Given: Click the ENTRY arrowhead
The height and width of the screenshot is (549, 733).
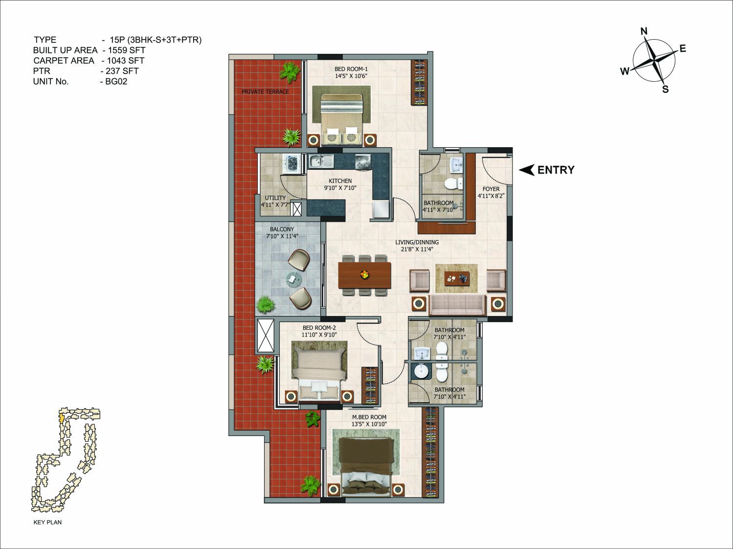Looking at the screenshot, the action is click(x=527, y=170).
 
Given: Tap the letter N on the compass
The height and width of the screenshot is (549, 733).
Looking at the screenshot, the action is click(x=644, y=31).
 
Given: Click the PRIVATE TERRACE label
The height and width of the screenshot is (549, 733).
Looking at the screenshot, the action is click(x=266, y=91).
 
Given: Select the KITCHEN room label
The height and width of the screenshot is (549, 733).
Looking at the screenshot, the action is click(x=340, y=181).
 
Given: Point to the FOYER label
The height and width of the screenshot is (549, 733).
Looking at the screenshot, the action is click(x=491, y=189).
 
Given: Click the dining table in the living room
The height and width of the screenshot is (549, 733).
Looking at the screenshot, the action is click(x=365, y=275).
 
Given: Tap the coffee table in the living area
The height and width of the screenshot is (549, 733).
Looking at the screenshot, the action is click(x=457, y=278).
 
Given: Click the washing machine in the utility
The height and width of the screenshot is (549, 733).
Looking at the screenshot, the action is click(x=293, y=163).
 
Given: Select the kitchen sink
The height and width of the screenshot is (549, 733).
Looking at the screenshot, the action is click(x=321, y=161).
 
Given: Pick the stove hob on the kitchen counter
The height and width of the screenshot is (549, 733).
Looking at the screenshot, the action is click(x=363, y=162).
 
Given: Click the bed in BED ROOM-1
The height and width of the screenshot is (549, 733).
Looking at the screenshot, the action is click(x=342, y=119).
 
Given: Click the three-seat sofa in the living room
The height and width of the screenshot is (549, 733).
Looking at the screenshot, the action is click(x=457, y=305).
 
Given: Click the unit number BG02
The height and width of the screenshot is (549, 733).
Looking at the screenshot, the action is click(x=116, y=82).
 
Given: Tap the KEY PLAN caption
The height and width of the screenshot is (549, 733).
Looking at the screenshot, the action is click(x=48, y=522).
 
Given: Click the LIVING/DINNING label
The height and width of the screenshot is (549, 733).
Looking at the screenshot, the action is click(x=417, y=242).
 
